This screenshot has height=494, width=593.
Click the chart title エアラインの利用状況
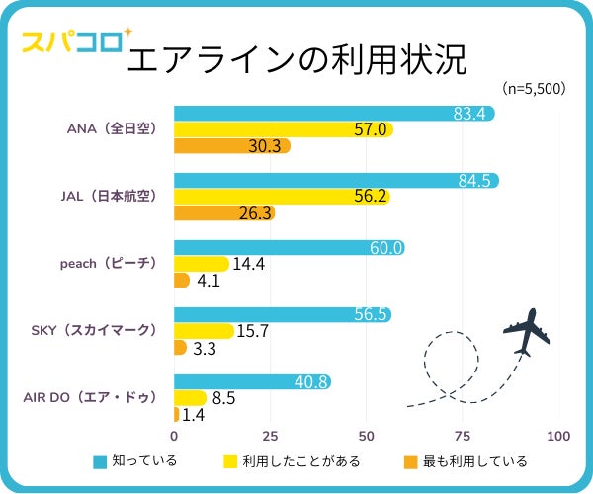[296, 59]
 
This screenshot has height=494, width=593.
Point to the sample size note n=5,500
[533, 88]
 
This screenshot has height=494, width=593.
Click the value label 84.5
[474, 180]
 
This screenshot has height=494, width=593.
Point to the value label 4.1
[209, 281]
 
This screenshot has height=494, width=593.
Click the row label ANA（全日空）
[112, 129]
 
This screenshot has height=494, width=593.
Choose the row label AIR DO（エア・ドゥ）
[90, 397]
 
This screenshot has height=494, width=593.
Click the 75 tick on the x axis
[463, 436]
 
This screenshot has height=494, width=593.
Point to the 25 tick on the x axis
[270, 436]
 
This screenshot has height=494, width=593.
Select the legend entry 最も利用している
[465, 461]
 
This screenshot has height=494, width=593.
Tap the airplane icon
[525, 332]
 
